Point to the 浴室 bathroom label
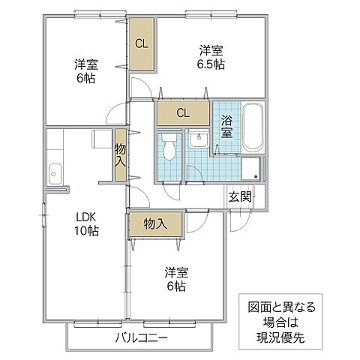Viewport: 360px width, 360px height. pyautogui.click(x=226, y=126)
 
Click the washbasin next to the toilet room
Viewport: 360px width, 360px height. pyautogui.click(x=198, y=139)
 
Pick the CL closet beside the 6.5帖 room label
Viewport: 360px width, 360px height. pyautogui.click(x=141, y=43)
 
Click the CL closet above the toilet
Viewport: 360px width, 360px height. pyautogui.click(x=183, y=113)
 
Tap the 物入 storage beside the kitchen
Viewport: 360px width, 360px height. pyautogui.click(x=121, y=155)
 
